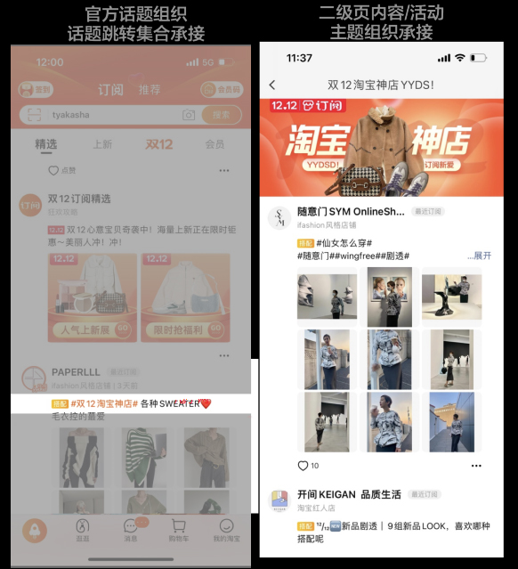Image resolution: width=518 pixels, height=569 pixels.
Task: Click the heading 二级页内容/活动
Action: (381, 13)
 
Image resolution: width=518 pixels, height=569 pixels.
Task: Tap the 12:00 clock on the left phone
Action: (49, 62)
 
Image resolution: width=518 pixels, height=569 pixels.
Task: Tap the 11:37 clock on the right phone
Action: (299, 58)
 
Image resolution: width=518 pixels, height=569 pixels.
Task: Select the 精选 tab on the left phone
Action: (46, 144)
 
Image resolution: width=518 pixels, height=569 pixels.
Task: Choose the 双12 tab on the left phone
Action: (159, 144)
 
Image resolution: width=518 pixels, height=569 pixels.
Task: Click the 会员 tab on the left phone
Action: (214, 144)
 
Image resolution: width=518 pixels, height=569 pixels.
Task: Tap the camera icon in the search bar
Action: (188, 115)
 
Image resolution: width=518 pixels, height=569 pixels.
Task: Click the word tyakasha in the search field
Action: (70, 115)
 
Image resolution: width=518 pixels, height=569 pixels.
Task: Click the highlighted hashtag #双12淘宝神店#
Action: (102, 403)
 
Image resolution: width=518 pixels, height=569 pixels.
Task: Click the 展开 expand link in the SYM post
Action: (482, 256)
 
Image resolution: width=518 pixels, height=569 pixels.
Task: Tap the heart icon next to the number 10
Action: (303, 466)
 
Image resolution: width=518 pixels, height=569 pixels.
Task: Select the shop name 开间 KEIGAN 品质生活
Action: (349, 494)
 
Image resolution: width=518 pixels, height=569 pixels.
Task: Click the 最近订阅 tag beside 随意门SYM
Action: (428, 212)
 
